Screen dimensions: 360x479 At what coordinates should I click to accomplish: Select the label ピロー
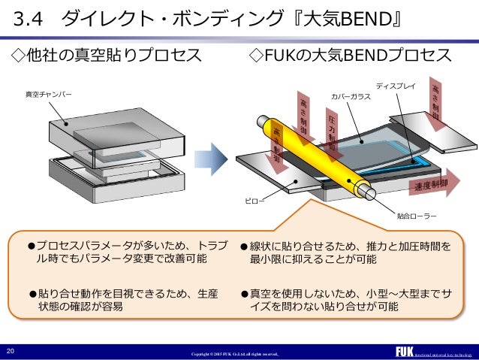tap(253, 201)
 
